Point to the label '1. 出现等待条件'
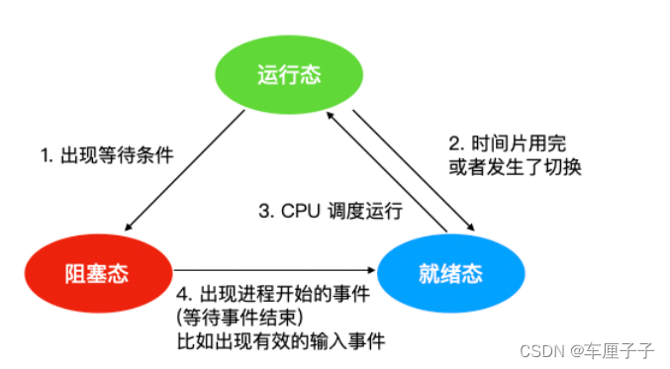tap(107, 154)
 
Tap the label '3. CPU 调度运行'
tap(331, 210)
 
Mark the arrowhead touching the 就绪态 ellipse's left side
tap(374, 267)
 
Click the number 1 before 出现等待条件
tap(45, 154)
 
